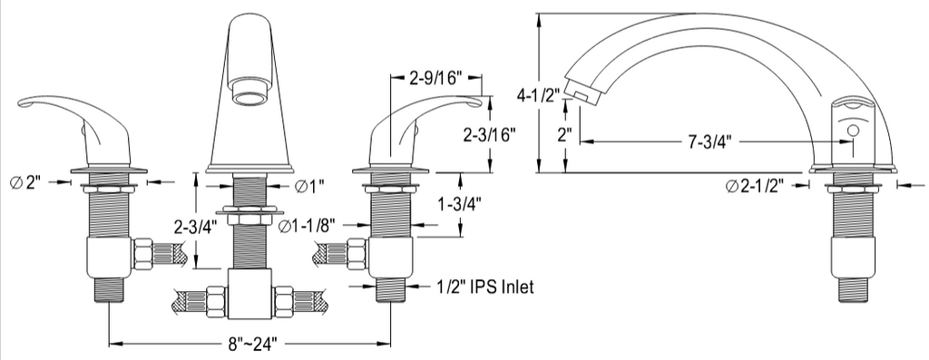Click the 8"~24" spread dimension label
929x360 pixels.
[x=249, y=344]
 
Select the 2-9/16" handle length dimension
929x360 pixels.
[x=435, y=78]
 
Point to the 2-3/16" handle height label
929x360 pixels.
[x=489, y=134]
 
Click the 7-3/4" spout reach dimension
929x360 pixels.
[x=710, y=141]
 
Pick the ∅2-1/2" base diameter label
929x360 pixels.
[x=755, y=186]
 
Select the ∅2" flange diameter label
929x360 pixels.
[x=26, y=182]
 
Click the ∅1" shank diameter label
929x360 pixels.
[x=309, y=186]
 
